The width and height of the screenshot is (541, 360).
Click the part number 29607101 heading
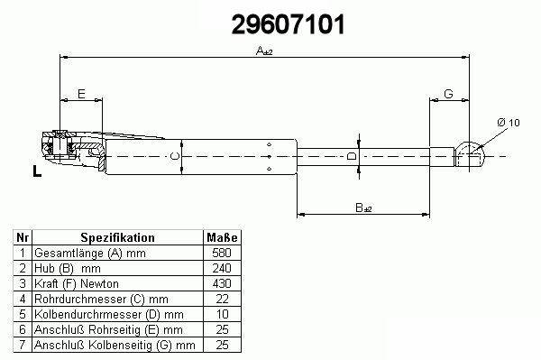click(x=289, y=24)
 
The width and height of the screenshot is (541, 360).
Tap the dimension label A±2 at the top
click(x=264, y=51)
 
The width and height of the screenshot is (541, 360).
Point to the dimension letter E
click(x=81, y=94)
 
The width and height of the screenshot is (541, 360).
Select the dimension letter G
click(x=448, y=94)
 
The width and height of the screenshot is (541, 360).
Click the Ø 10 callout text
click(x=509, y=123)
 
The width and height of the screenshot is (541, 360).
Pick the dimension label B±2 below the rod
click(x=363, y=208)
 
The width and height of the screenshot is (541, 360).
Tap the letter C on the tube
click(x=175, y=156)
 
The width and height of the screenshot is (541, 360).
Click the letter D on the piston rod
click(x=352, y=156)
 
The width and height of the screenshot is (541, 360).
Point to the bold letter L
click(x=37, y=171)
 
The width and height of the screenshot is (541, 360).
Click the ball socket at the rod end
click(x=470, y=154)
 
